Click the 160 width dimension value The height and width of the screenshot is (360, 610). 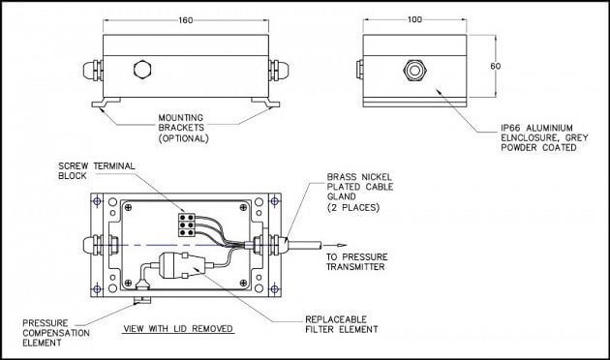coord(186,19)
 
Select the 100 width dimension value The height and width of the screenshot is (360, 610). coord(414,19)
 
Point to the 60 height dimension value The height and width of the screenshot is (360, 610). coord(495,66)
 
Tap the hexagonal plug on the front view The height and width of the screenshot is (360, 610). coord(142,70)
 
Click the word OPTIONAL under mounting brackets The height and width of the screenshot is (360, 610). coord(184,138)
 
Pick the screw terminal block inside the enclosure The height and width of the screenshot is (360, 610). coord(186,225)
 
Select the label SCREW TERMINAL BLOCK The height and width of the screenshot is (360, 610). coord(97,170)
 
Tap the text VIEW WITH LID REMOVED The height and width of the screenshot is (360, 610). coord(178,328)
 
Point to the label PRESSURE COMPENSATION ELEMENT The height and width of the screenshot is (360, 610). coord(56,333)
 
